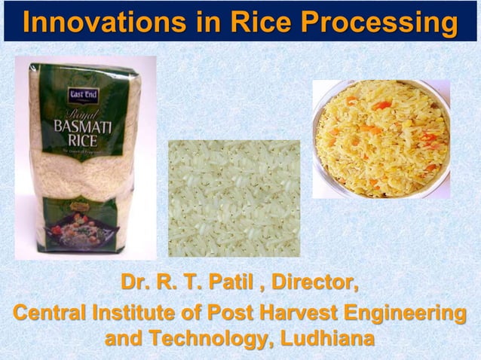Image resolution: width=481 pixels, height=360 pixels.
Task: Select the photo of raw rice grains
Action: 234,198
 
